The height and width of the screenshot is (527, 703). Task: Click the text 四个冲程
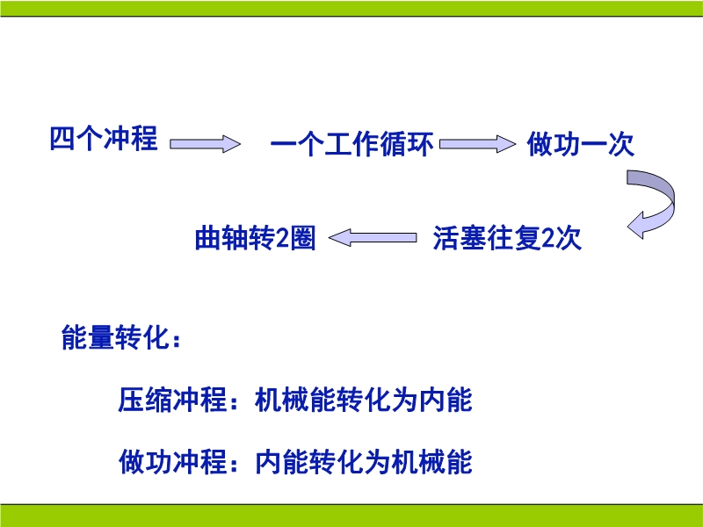point(104,138)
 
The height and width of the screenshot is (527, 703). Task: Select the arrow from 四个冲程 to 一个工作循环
point(205,144)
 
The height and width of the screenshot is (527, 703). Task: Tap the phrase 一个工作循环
point(352,144)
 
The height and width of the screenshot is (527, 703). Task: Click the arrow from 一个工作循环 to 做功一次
point(477,144)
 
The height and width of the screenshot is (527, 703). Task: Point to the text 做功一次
point(581,144)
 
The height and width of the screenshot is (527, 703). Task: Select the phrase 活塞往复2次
point(507,237)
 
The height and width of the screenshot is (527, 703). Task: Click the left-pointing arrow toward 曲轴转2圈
point(373,237)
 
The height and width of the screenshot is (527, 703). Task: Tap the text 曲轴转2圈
point(255,238)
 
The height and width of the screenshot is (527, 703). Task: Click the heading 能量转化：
point(121,337)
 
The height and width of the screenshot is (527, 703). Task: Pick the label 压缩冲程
point(172,400)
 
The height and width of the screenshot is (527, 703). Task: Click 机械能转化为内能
point(364,400)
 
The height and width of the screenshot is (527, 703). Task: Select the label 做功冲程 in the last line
point(172,462)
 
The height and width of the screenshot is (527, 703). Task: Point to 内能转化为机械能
point(364,462)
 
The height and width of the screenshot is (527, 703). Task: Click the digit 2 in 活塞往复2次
point(547,238)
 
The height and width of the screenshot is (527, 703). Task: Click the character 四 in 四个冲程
point(62,138)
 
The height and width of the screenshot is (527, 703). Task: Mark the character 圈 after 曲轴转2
point(303,238)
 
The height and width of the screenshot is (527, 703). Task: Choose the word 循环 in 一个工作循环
point(407,144)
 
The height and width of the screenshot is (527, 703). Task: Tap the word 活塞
point(460,237)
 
